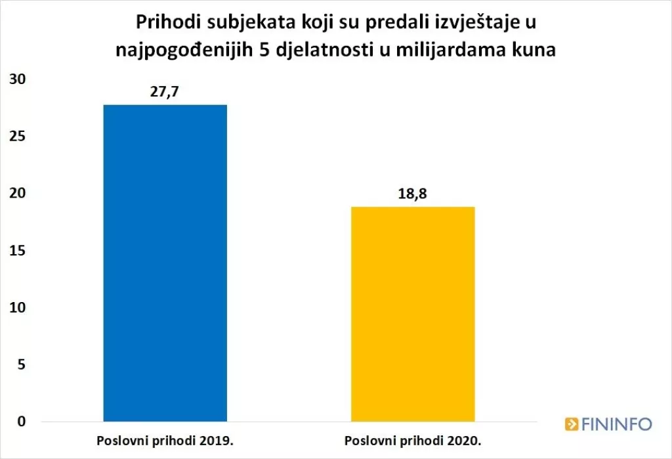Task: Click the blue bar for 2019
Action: tap(165, 263)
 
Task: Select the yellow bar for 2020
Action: tap(413, 314)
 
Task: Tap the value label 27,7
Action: tap(165, 91)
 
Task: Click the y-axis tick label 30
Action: tap(17, 79)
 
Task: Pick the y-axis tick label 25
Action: tap(17, 137)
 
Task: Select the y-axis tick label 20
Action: tap(17, 194)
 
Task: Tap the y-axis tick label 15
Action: tap(17, 251)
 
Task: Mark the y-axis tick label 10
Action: tap(17, 307)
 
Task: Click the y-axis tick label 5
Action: tap(21, 364)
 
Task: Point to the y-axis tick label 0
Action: tap(21, 422)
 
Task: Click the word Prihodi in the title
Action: tap(163, 24)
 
